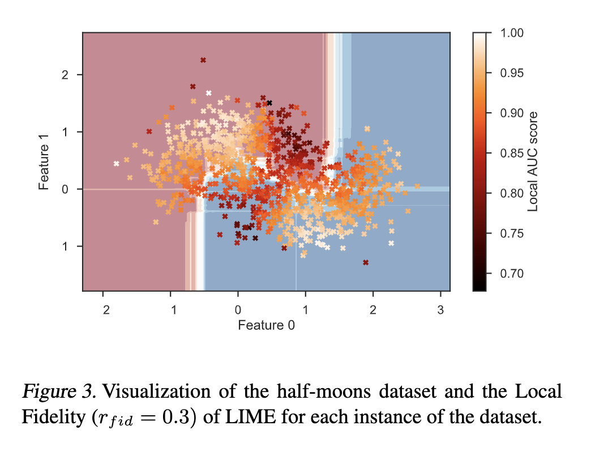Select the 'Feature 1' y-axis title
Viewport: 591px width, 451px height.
click(x=45, y=161)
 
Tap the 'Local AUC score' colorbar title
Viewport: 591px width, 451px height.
click(x=533, y=161)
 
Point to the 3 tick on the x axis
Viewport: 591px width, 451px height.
click(x=440, y=309)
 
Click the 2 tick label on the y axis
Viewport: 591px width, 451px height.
click(x=65, y=75)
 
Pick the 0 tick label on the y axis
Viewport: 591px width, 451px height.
click(x=65, y=189)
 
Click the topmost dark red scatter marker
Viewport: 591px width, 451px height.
click(x=203, y=60)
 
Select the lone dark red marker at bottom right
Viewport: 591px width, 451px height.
click(x=366, y=262)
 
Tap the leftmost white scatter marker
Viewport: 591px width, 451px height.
click(x=116, y=164)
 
